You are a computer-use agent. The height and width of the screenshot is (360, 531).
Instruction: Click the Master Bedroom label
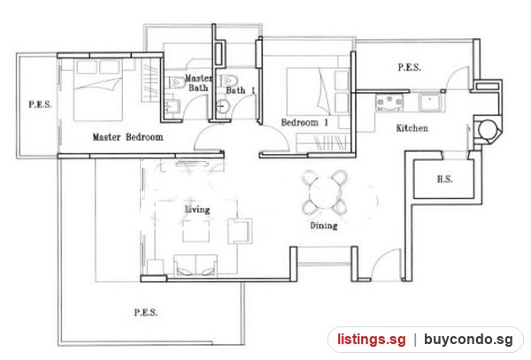[127, 137]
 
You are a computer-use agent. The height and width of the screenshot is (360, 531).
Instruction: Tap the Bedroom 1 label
[304, 122]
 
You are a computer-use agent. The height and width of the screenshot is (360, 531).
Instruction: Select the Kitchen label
[412, 128]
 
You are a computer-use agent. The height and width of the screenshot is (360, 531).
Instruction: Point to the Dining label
[324, 226]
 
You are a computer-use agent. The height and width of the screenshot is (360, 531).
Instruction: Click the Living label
[197, 210]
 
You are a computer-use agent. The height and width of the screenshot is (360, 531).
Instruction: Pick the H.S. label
[444, 179]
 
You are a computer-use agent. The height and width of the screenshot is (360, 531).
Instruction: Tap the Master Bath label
[198, 83]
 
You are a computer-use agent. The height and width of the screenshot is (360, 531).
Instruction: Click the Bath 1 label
[241, 90]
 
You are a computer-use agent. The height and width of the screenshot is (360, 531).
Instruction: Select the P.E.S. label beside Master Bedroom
[40, 104]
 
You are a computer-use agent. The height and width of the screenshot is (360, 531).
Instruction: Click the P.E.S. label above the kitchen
[410, 67]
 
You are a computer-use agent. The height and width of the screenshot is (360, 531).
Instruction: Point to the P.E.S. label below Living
[146, 312]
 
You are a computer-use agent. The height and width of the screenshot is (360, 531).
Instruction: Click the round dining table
[325, 193]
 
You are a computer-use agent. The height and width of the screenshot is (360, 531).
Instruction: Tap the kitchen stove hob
[389, 103]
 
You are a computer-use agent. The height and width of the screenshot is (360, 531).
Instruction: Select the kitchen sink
[429, 103]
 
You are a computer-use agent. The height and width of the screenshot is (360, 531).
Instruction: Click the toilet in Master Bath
[176, 82]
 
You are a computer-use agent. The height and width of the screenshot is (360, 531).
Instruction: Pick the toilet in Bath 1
[228, 80]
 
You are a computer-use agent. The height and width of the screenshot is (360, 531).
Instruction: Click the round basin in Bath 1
[222, 106]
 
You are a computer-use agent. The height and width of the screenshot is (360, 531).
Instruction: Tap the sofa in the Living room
[196, 265]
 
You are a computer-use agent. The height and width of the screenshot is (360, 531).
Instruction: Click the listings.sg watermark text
[371, 340]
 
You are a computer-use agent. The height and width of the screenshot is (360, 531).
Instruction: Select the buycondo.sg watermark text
[468, 340]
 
